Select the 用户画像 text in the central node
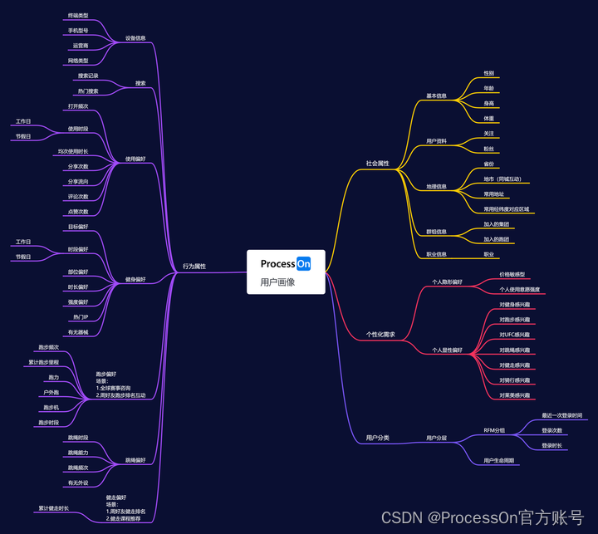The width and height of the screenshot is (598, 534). tap(277, 282)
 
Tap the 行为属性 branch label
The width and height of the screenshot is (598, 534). tap(194, 267)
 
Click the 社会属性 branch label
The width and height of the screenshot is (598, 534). tap(377, 164)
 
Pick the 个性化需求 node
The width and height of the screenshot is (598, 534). tap(380, 335)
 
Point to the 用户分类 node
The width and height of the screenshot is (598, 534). tap(378, 438)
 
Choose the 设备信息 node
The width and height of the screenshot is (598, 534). tap(135, 38)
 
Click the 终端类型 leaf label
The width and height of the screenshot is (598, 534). tap(78, 16)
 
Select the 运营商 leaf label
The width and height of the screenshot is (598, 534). tap(81, 46)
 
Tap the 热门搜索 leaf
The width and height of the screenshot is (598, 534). tap(88, 91)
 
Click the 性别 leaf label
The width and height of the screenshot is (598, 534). tap(489, 73)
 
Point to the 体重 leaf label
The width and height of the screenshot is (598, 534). tap(489, 119)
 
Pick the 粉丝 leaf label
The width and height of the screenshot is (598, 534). tap(489, 149)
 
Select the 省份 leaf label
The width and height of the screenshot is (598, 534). tap(489, 164)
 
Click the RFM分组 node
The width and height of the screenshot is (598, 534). tap(494, 430)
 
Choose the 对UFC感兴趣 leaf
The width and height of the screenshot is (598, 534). tap(514, 335)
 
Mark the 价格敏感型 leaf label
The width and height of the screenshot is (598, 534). tap(512, 274)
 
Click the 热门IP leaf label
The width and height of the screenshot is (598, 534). tap(81, 317)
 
